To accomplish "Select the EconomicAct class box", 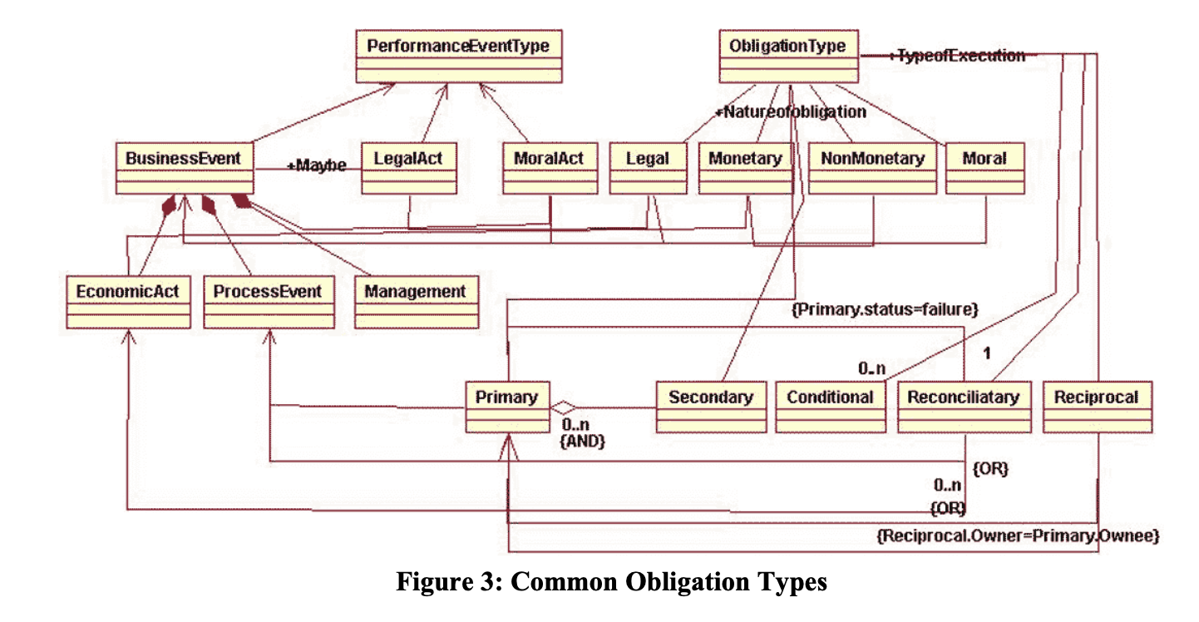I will coord(127,301).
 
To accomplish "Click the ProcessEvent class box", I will coord(268,301).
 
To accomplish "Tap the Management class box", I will coord(415,301).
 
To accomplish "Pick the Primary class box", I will coord(506,407).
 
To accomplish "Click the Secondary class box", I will coord(710,407).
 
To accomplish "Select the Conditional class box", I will coord(830,407).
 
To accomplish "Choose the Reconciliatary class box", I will coord(963,407).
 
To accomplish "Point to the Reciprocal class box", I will coord(1096,407).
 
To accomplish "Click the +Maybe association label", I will coord(316,165).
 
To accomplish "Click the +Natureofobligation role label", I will coord(791,111).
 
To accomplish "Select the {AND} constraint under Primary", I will coord(582,442).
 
